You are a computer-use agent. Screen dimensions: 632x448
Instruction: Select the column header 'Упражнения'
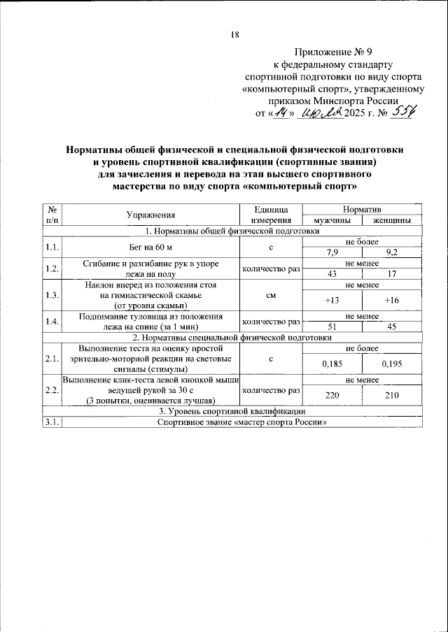(x=150, y=215)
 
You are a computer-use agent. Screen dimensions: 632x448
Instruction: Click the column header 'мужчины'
(x=331, y=220)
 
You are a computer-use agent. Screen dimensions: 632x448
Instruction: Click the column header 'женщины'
(x=391, y=220)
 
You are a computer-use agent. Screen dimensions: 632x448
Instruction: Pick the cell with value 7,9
(x=331, y=253)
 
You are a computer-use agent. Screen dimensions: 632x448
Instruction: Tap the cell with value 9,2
(x=391, y=253)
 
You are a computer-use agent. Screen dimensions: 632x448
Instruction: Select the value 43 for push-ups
(x=331, y=273)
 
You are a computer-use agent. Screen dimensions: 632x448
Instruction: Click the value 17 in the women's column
(x=391, y=273)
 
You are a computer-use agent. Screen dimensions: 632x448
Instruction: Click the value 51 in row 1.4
(x=331, y=326)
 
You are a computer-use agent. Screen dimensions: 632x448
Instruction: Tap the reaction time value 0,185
(x=331, y=363)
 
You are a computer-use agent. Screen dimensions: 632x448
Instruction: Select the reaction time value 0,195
(x=391, y=363)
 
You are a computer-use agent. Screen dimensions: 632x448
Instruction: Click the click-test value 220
(x=331, y=395)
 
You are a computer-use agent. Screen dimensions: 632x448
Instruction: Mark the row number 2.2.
(x=51, y=390)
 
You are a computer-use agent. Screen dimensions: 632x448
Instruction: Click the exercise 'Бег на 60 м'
(x=150, y=248)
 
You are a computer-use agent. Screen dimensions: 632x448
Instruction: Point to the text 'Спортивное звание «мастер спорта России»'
(x=242, y=422)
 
